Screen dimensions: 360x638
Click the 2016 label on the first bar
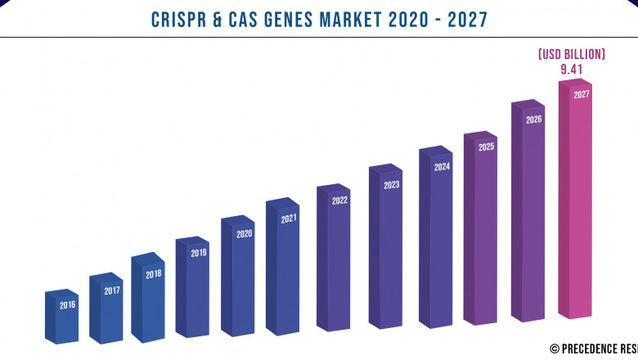click(x=67, y=305)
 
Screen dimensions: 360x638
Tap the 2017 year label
click(x=111, y=290)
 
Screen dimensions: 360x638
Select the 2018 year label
click(x=153, y=275)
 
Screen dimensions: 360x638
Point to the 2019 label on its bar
click(x=198, y=254)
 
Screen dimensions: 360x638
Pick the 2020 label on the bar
click(x=244, y=234)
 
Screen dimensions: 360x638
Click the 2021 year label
click(x=289, y=219)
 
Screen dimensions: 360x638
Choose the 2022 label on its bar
click(x=339, y=200)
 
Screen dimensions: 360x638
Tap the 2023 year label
click(x=391, y=185)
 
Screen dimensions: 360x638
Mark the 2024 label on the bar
click(x=442, y=167)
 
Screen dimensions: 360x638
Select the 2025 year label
click(x=486, y=147)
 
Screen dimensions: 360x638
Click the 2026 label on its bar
click(x=533, y=119)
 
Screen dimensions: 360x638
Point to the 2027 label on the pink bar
click(x=581, y=95)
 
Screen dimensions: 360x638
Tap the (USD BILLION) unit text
click(x=571, y=54)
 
